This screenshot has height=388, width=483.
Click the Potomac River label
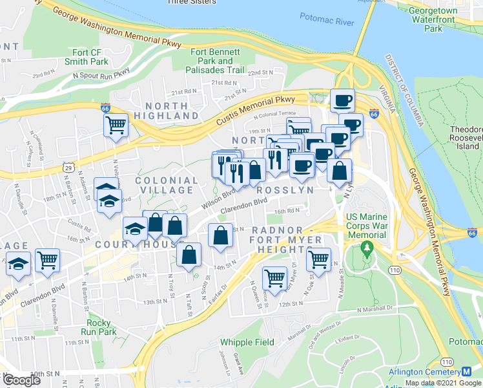pos(327,21)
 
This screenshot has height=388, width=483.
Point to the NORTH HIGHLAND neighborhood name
pos(171,111)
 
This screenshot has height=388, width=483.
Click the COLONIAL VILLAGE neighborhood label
pos(167,185)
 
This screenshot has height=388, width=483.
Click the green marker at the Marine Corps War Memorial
pos(367,248)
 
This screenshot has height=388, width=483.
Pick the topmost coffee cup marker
pos(342,101)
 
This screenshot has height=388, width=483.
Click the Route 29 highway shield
pos(67,167)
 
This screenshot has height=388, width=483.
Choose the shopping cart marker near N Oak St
pos(318,259)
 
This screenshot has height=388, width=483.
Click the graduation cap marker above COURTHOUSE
pos(136,228)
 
